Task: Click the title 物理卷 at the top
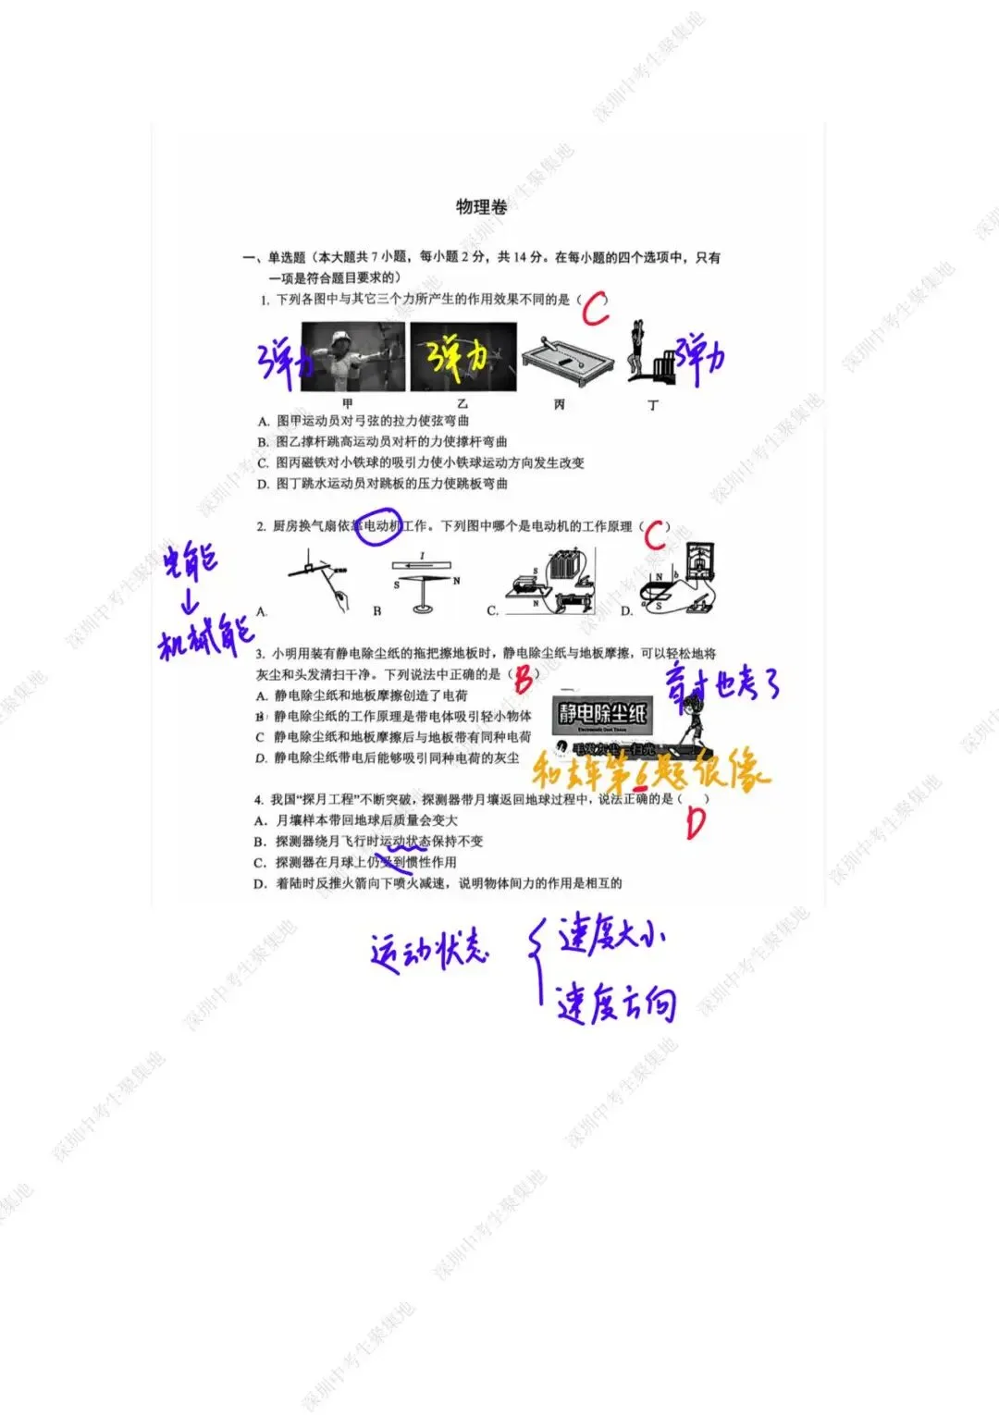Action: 482,206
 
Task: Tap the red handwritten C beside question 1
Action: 595,308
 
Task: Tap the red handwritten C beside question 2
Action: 655,534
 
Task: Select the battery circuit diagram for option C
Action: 550,583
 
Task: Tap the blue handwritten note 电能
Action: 191,560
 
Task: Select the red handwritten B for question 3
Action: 524,680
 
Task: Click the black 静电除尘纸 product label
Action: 602,713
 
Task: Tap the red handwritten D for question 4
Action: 696,822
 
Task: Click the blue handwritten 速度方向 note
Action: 615,1003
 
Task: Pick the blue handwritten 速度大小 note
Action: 610,936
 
